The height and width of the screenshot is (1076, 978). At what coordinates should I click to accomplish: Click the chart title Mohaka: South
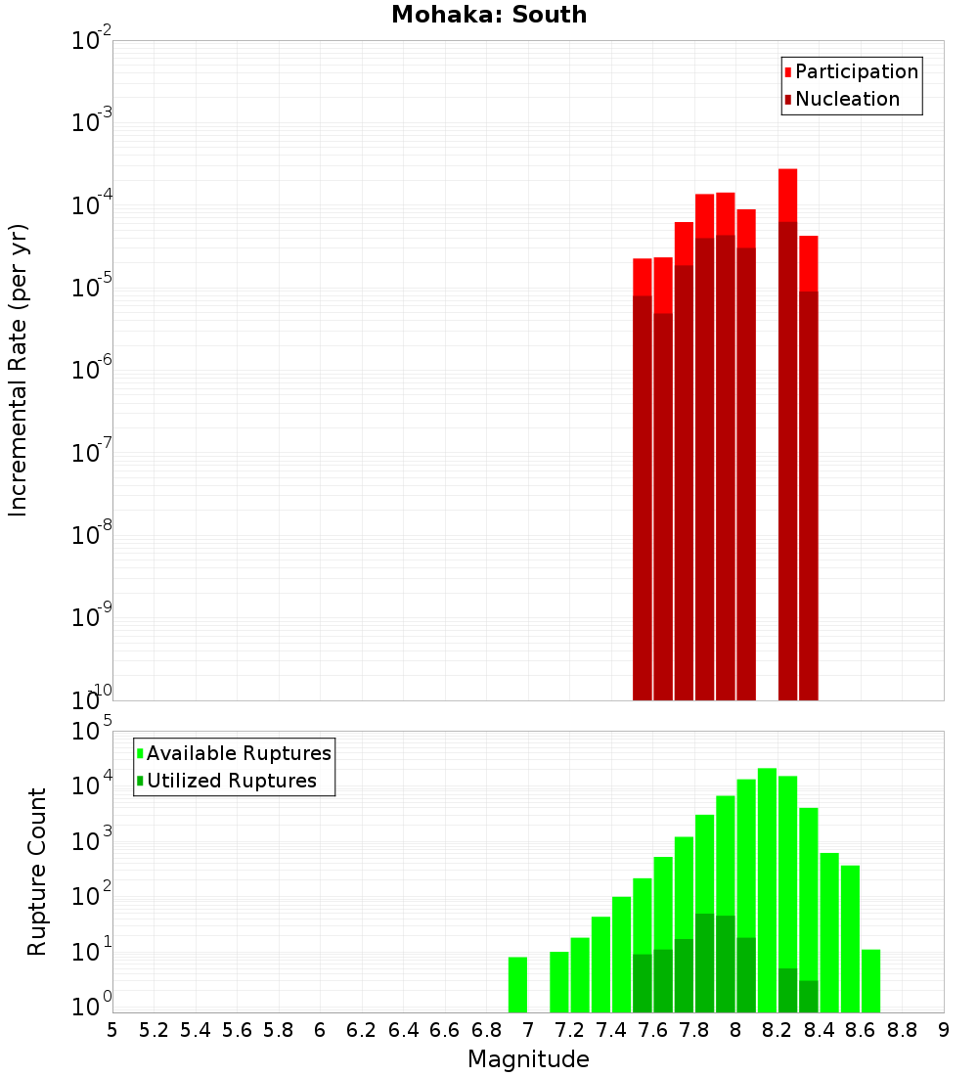tap(489, 16)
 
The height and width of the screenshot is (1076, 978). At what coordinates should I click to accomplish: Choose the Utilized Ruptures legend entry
tap(231, 781)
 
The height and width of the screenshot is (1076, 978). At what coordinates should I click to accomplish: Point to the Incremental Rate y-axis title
tap(19, 370)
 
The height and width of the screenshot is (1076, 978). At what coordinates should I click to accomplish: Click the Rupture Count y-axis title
tap(37, 871)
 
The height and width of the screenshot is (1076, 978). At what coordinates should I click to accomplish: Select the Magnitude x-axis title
tap(528, 1058)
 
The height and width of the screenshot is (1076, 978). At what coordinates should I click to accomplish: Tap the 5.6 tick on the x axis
tap(237, 1030)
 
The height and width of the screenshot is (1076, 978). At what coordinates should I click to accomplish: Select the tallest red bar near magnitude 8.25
tap(788, 196)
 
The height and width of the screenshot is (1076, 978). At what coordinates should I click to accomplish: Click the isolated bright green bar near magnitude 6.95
tap(517, 984)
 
